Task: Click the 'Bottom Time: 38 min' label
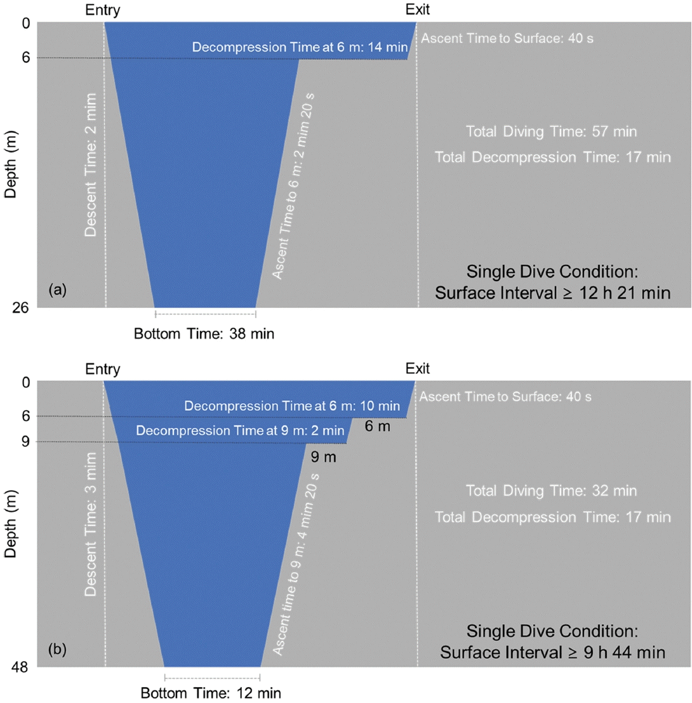tap(204, 333)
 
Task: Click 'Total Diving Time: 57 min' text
tap(551, 132)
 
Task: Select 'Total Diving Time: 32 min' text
tap(551, 491)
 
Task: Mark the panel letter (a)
tap(57, 290)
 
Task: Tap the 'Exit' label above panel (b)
tap(417, 368)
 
